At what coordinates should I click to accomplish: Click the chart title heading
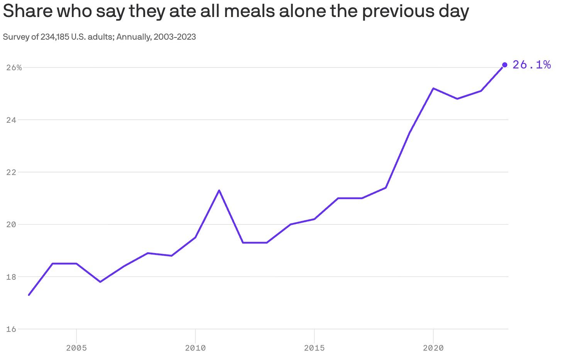click(235, 12)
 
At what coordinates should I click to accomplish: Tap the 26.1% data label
click(531, 65)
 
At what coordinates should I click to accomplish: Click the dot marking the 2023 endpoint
click(504, 65)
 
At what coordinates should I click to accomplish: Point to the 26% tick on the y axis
click(14, 68)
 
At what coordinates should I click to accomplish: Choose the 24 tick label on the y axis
click(12, 120)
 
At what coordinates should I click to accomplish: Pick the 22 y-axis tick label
click(12, 172)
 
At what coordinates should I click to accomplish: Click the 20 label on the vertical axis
click(12, 225)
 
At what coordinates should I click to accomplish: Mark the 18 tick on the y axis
click(12, 277)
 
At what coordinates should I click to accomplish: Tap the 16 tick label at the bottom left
click(12, 329)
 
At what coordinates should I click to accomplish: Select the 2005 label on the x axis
click(76, 348)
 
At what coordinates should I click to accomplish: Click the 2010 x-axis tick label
click(195, 348)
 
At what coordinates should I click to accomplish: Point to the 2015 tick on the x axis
click(314, 348)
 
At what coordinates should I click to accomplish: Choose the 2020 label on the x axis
click(433, 348)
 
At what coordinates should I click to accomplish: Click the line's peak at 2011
click(219, 190)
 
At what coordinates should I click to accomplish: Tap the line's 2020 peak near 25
click(433, 88)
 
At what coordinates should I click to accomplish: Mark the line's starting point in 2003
click(29, 295)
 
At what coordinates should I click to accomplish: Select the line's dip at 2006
click(100, 282)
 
